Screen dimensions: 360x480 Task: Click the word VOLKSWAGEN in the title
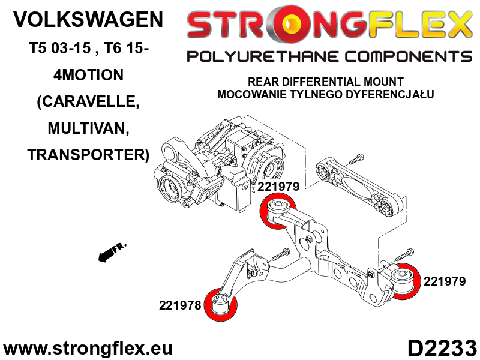click(88, 20)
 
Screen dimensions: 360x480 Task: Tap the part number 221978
click(179, 305)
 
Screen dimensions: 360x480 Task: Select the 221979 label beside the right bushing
click(445, 280)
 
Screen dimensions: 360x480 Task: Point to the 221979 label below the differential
click(279, 187)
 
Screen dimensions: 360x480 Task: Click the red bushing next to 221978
click(221, 305)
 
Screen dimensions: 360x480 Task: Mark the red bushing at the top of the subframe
click(278, 213)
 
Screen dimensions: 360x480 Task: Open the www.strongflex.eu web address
click(88, 348)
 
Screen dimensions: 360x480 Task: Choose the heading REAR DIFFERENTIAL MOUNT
click(326, 82)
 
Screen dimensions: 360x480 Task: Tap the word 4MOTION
click(88, 74)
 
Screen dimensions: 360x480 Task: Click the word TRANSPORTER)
click(88, 155)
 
